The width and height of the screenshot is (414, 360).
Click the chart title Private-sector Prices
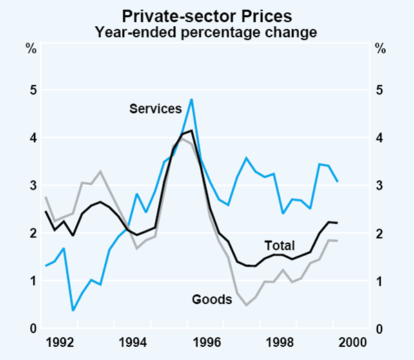click(x=206, y=14)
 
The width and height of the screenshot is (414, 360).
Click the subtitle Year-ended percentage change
click(x=206, y=31)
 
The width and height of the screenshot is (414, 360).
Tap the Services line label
click(x=155, y=108)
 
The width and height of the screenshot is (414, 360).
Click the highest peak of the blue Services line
click(x=190, y=99)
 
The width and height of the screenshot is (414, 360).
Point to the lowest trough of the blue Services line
click(x=72, y=310)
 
